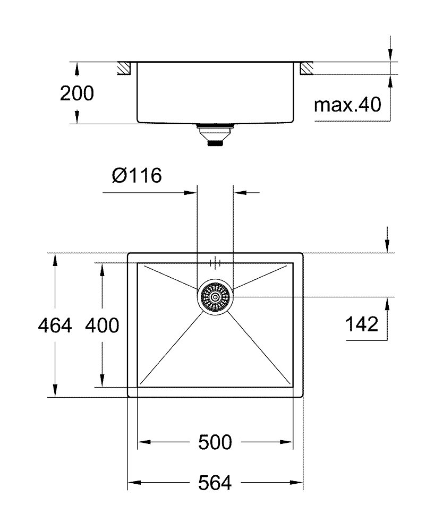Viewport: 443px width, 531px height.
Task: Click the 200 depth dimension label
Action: point(77,93)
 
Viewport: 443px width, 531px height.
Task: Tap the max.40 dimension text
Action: point(347,105)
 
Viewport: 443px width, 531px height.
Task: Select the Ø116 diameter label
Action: point(137,175)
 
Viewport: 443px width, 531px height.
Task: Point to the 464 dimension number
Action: point(55,326)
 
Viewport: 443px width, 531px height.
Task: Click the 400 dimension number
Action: point(102,326)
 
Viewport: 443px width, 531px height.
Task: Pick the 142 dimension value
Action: point(362,324)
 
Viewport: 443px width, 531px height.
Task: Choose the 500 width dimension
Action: point(215,442)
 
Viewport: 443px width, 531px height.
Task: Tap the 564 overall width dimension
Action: point(215,483)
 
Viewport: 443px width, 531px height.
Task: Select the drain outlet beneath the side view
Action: point(215,134)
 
